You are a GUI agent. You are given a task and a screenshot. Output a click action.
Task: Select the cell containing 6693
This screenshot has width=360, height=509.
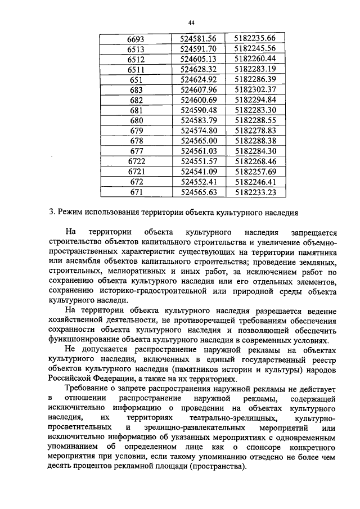click(136, 39)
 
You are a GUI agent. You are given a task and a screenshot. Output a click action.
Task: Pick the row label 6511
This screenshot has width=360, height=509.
click(136, 69)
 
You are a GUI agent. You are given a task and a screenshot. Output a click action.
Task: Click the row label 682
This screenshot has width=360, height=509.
click(136, 99)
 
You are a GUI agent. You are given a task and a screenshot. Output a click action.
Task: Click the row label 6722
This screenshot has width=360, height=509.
click(136, 161)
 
